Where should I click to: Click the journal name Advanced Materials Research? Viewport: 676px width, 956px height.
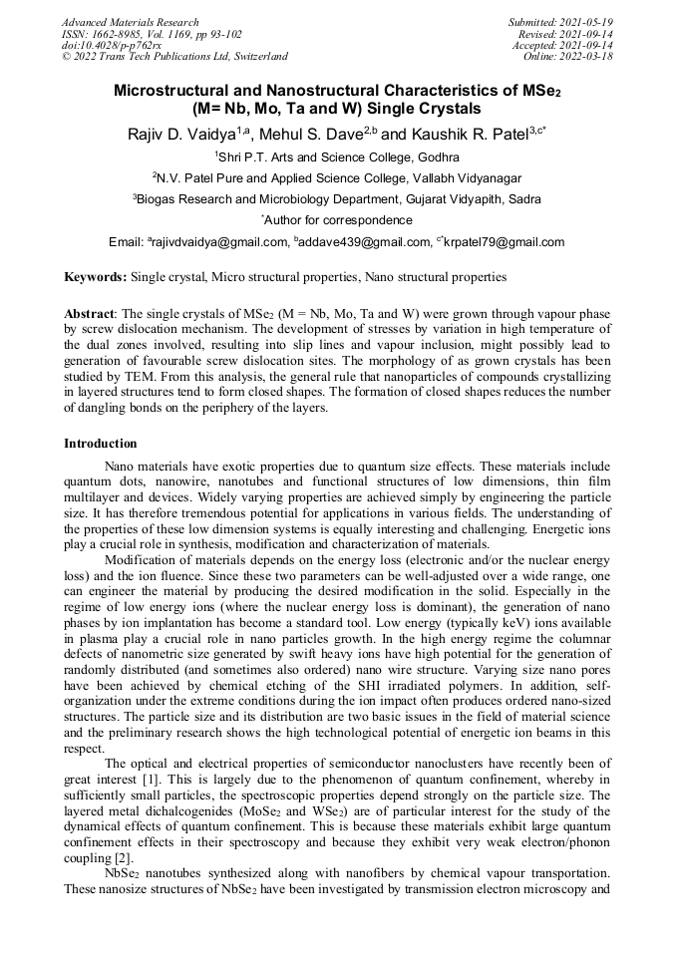[130, 22]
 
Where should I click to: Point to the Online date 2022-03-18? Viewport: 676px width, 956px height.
[587, 57]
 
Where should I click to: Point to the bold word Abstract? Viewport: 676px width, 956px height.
[91, 313]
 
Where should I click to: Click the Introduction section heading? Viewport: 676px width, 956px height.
[101, 443]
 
